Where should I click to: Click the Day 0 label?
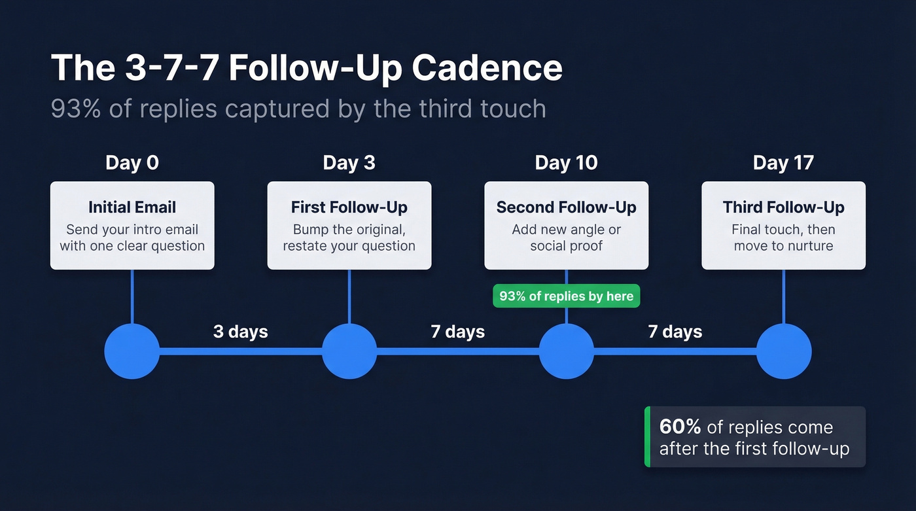(x=132, y=163)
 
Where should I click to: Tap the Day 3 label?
(x=349, y=163)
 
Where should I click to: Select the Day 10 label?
(x=566, y=163)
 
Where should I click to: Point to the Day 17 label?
(x=783, y=163)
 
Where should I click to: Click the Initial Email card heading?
(x=132, y=207)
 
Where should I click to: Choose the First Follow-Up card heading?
(x=349, y=207)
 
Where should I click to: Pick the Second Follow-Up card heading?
(x=566, y=207)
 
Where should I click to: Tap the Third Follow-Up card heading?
(x=783, y=207)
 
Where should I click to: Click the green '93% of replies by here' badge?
(x=566, y=296)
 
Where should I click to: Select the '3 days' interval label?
(x=240, y=332)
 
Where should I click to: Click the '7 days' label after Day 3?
(x=457, y=332)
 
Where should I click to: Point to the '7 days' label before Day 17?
(x=675, y=332)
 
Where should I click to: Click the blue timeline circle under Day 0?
(x=132, y=351)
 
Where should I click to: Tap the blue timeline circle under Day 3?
(x=349, y=351)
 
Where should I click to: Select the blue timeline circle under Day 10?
(x=566, y=351)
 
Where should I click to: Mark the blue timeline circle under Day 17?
(x=783, y=351)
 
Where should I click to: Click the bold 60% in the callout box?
(x=680, y=427)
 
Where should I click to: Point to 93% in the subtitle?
(x=75, y=109)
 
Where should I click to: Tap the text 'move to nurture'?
(x=783, y=246)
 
